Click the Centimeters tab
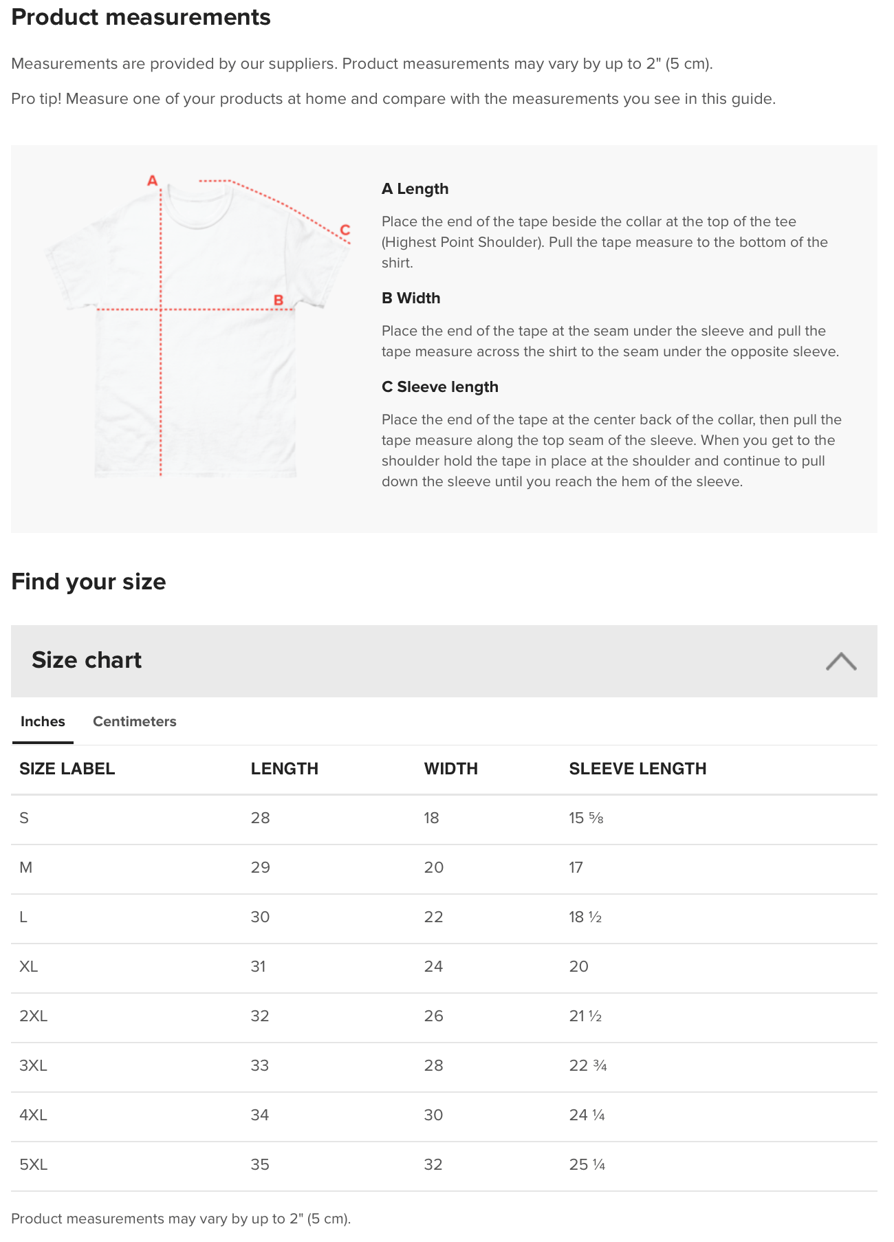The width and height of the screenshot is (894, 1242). click(134, 721)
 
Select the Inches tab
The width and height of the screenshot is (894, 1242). click(43, 721)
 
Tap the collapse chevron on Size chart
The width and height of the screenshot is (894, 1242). click(840, 661)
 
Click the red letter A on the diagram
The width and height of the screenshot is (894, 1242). click(153, 181)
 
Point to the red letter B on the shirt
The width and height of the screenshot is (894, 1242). click(279, 300)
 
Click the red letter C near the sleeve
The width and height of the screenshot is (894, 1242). click(345, 230)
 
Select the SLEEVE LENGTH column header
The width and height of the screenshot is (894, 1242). click(637, 769)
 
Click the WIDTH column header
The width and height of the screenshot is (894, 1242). click(450, 769)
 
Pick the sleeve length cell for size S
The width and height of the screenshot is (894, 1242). click(586, 818)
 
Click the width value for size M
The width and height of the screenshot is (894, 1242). click(433, 868)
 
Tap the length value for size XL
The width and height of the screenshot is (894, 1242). click(258, 967)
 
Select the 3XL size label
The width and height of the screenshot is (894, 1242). click(33, 1066)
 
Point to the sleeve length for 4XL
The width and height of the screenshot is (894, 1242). click(587, 1115)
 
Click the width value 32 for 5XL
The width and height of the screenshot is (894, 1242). click(433, 1165)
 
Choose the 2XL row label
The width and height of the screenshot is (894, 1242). click(33, 1016)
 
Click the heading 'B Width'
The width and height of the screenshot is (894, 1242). click(411, 298)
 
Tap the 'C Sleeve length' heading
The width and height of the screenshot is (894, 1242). click(439, 387)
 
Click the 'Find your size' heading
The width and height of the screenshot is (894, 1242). click(89, 582)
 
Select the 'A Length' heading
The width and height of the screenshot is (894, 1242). click(415, 189)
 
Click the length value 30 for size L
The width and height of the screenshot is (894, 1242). click(260, 917)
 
